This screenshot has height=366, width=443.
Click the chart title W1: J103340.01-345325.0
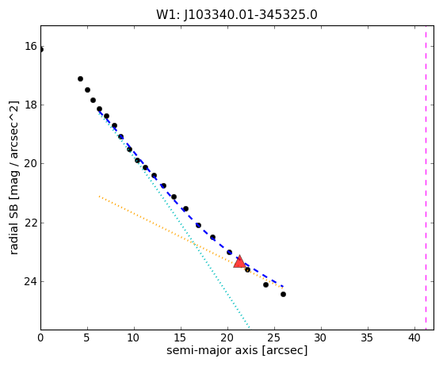pyautogui.click(x=237, y=15)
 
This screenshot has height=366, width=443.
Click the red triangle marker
pyautogui.click(x=239, y=261)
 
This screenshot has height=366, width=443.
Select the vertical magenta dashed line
pyautogui.click(x=426, y=177)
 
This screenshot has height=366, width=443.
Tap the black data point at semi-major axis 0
pyautogui.click(x=41, y=50)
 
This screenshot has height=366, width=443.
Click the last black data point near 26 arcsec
pyautogui.click(x=283, y=294)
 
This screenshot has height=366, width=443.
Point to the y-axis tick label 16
pyautogui.click(x=31, y=46)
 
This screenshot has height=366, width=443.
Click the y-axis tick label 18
pyautogui.click(x=31, y=105)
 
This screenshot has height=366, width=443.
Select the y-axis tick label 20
pyautogui.click(x=31, y=163)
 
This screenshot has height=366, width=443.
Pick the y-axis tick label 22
pyautogui.click(x=31, y=223)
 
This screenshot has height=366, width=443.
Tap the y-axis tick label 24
pyautogui.click(x=31, y=281)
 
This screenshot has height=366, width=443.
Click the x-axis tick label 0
pyautogui.click(x=40, y=337)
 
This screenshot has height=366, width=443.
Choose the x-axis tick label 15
pyautogui.click(x=181, y=337)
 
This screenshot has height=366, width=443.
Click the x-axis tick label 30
pyautogui.click(x=321, y=337)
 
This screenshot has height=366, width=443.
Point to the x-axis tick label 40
pyautogui.click(x=414, y=337)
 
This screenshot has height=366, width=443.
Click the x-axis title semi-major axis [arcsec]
pyautogui.click(x=237, y=350)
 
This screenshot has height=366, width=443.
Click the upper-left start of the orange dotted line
pyautogui.click(x=99, y=196)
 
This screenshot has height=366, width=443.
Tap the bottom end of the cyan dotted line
pyautogui.click(x=249, y=328)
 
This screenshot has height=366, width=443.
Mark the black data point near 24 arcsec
pyautogui.click(x=265, y=284)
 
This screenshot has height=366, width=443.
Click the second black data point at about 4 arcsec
pyautogui.click(x=80, y=78)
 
